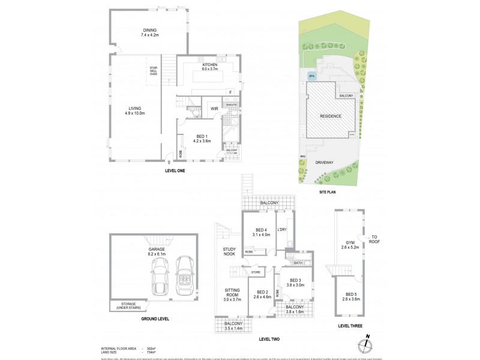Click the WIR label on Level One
click(213, 109)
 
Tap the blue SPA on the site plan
click(311, 77)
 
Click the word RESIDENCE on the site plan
click(330, 116)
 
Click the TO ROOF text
click(374, 238)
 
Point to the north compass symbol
click(366, 345)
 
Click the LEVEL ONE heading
click(175, 171)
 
